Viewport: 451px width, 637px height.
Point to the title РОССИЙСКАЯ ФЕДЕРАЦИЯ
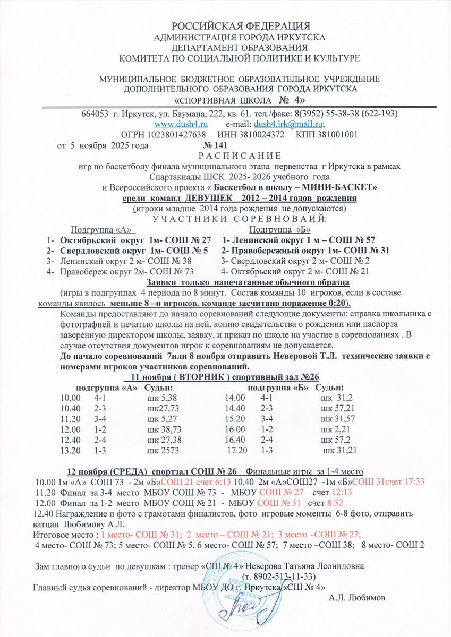[x=241, y=26]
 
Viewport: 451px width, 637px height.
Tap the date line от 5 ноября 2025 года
[x=103, y=145]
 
